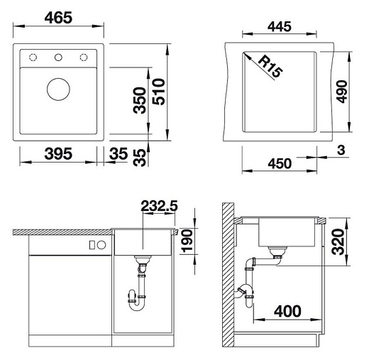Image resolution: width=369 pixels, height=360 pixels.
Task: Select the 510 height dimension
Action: coord(162,99)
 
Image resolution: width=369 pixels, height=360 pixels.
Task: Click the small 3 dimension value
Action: coord(341,150)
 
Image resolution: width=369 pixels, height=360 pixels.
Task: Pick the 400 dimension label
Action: coord(287,311)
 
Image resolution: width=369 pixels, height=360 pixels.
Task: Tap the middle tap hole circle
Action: coord(58,57)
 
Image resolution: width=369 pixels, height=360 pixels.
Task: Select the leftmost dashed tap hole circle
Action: coord(31,57)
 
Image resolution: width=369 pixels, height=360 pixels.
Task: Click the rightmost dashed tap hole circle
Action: coord(85,57)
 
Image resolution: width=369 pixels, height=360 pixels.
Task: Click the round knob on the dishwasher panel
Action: coord(101,245)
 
